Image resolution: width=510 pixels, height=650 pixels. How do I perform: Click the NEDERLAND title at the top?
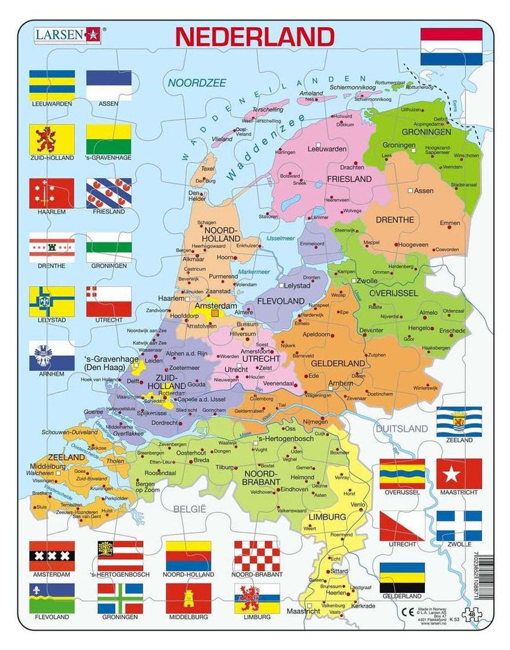(254, 36)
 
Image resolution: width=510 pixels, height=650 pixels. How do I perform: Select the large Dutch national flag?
(451, 46)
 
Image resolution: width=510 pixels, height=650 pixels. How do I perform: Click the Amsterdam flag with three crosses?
(52, 555)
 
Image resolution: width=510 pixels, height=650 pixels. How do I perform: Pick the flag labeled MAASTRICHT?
(459, 474)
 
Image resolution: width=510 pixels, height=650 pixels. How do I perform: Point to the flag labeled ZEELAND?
(459, 421)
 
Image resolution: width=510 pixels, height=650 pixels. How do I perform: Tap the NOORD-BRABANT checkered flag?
(256, 555)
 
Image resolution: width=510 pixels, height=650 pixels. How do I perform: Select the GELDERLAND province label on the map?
(337, 363)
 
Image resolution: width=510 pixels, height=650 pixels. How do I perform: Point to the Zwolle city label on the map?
(367, 280)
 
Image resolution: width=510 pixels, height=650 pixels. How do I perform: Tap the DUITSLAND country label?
(402, 429)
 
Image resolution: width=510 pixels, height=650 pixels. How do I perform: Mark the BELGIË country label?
(190, 509)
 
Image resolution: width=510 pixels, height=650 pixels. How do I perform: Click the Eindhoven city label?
(295, 489)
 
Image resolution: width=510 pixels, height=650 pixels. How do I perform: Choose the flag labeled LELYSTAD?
(52, 301)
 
